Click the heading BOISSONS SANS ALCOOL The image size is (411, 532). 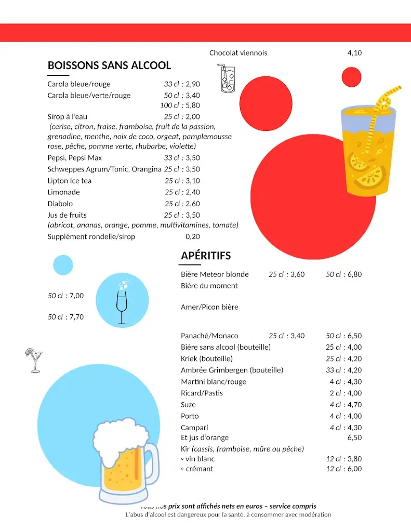pyautogui.click(x=109, y=65)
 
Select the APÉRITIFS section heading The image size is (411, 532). pyautogui.click(x=206, y=256)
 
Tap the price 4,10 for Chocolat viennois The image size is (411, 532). pyautogui.click(x=354, y=53)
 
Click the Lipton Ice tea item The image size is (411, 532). pyautogui.click(x=70, y=181)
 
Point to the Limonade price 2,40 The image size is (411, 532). pyautogui.click(x=193, y=192)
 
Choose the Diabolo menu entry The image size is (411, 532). pyautogui.click(x=60, y=204)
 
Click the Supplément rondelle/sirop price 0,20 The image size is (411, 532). pyautogui.click(x=193, y=237)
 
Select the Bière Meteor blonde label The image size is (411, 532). pyautogui.click(x=215, y=274)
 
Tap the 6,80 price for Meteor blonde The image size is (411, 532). pyautogui.click(x=354, y=274)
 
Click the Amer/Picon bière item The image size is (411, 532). pyautogui.click(x=209, y=307)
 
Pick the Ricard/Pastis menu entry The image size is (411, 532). pyautogui.click(x=202, y=393)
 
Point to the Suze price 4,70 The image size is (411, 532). pyautogui.click(x=354, y=405)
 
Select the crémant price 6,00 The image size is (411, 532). pyautogui.click(x=354, y=469)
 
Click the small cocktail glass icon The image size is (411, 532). pyautogui.click(x=34, y=361)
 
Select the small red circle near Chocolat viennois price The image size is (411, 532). pyautogui.click(x=352, y=77)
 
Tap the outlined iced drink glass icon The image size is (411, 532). pyautogui.click(x=227, y=79)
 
